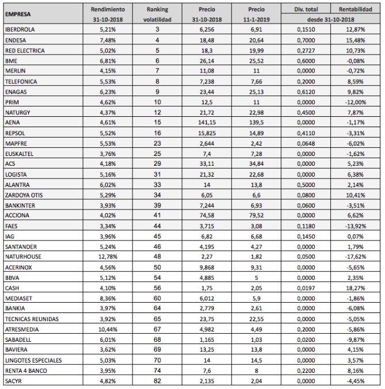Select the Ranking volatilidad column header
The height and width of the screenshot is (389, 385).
(x=157, y=13)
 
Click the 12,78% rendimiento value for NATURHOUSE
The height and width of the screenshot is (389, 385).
(x=108, y=256)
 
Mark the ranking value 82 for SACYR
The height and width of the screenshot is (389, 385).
(x=157, y=380)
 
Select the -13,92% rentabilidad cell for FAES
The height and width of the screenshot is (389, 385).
(x=354, y=225)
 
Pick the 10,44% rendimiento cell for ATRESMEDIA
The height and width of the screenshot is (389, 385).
(x=108, y=329)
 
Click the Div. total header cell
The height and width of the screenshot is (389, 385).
(x=306, y=9)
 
